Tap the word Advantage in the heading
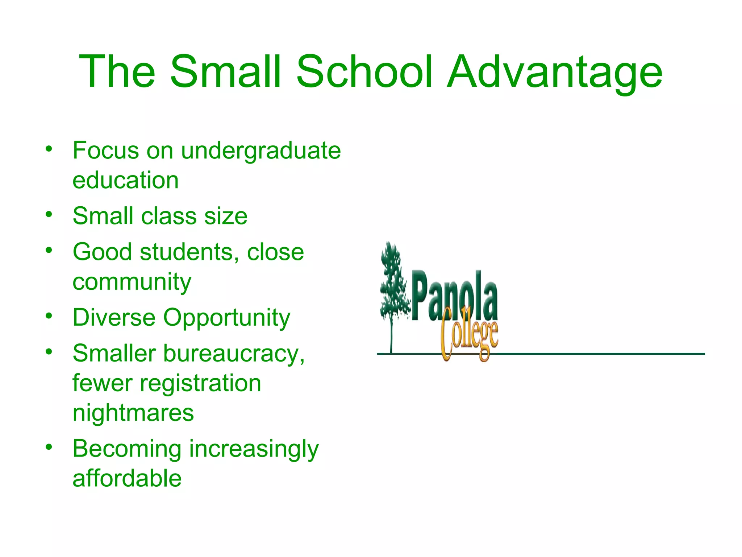[554, 73]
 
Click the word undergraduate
[261, 151]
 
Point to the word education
[125, 180]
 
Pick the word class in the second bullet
[168, 216]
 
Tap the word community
[132, 282]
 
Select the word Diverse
[114, 318]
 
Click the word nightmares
[133, 413]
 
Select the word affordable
[127, 478]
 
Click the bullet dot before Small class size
[49, 214]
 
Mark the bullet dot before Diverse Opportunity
[49, 316]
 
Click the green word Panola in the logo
[455, 296]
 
